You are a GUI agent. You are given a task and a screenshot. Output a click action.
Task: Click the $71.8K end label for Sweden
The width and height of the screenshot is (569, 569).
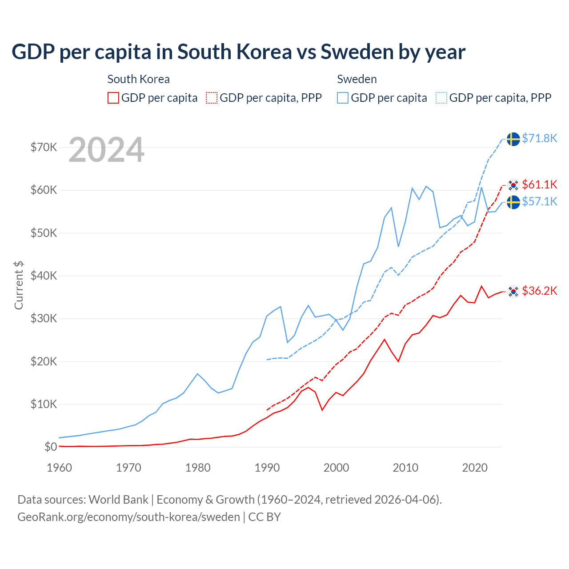pyautogui.click(x=539, y=138)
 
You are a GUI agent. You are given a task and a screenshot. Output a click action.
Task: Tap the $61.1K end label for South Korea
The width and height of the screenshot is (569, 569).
pyautogui.click(x=539, y=184)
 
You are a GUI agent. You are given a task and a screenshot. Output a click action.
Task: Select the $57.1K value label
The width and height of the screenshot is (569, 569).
pyautogui.click(x=539, y=201)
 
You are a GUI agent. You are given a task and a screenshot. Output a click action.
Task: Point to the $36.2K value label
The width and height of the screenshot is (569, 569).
pyautogui.click(x=539, y=291)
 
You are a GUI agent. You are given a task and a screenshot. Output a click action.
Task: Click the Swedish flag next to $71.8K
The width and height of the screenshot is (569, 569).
pyautogui.click(x=513, y=139)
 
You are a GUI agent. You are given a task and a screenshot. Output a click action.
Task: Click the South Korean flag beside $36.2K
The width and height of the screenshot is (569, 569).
pyautogui.click(x=513, y=292)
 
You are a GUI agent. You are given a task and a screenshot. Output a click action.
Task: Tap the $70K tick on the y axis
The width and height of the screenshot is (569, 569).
pyautogui.click(x=44, y=147)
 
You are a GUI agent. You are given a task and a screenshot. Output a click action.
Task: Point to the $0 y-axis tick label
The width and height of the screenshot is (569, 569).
pyautogui.click(x=50, y=447)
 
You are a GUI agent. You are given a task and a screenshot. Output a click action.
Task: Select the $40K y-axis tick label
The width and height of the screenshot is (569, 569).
pyautogui.click(x=44, y=276)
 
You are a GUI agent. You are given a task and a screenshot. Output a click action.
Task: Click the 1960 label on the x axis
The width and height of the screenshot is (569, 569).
pyautogui.click(x=59, y=468)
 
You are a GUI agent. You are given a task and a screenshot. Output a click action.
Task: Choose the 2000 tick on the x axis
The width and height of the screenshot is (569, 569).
pyautogui.click(x=336, y=468)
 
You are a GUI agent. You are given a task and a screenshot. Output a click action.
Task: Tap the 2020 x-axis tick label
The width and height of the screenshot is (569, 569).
pyautogui.click(x=475, y=468)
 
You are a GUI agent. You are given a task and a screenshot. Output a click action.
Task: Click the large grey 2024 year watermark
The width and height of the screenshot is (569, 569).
pyautogui.click(x=106, y=150)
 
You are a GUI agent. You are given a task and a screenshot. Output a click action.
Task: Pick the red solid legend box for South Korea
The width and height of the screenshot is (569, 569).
pyautogui.click(x=113, y=98)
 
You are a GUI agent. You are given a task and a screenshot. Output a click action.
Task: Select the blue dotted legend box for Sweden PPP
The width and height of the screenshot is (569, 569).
pyautogui.click(x=441, y=98)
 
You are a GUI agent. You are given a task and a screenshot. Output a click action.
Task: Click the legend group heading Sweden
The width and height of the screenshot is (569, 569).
pyautogui.click(x=357, y=79)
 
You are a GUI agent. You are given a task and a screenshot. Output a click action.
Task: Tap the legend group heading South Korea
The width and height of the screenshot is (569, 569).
pyautogui.click(x=138, y=79)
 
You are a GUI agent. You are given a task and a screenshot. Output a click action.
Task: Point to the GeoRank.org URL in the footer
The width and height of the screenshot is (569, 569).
pyautogui.click(x=128, y=517)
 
